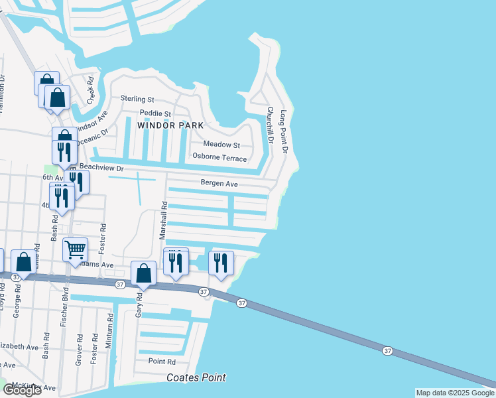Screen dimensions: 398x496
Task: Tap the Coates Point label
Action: coord(196,377)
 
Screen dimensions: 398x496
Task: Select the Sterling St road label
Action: coord(137,98)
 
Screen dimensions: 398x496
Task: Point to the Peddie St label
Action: coord(155,113)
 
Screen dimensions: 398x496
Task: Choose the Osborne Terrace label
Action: coord(219,158)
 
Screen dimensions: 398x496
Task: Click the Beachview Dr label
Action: coord(101,167)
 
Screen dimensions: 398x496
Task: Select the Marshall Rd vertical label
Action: coord(162,221)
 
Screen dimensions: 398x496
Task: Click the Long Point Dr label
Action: coord(284,132)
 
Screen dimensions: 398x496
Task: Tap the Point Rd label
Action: coord(162,362)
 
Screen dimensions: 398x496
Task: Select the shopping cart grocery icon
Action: coord(75,250)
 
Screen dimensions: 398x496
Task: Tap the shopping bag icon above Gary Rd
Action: coord(143,272)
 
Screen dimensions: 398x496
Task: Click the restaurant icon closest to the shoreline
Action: coord(221,262)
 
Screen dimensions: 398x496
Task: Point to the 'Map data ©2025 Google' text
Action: coord(454,393)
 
